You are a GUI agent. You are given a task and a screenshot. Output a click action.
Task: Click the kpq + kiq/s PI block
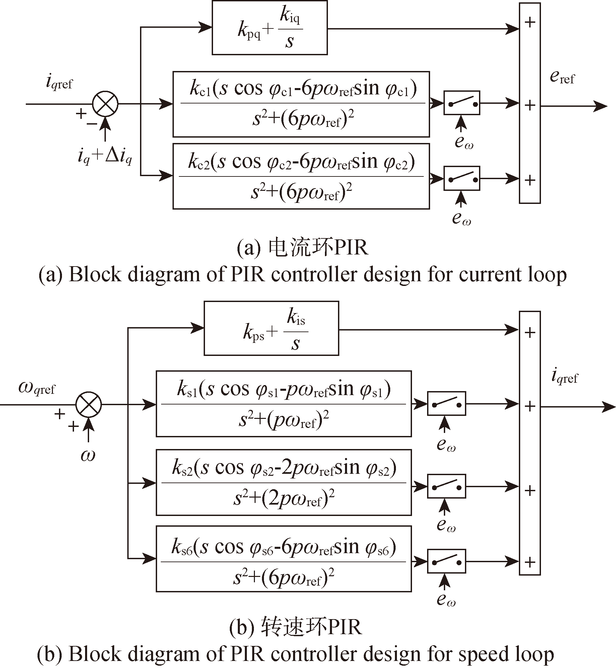[x=270, y=28]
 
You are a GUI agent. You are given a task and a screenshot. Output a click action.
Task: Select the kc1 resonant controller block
[x=301, y=104]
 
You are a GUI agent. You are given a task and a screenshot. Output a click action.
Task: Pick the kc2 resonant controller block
[x=301, y=176]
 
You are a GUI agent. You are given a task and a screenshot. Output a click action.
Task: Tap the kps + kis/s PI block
[x=271, y=328]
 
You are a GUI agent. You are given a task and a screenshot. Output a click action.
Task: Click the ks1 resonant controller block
[x=284, y=404]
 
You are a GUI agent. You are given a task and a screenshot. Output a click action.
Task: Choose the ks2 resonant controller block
[x=284, y=483]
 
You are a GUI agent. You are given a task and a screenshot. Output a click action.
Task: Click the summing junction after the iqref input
[x=106, y=104]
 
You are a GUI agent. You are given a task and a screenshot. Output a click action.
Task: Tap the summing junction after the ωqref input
[x=89, y=404]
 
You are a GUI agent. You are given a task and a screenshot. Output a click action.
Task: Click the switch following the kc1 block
[x=462, y=103]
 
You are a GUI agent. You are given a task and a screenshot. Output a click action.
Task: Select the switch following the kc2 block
[x=462, y=178]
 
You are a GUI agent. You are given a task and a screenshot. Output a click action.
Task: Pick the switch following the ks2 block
[x=447, y=486]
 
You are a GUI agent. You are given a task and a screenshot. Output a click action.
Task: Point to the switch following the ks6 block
[x=447, y=562]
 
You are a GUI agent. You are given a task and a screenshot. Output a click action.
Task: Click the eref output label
[x=562, y=78]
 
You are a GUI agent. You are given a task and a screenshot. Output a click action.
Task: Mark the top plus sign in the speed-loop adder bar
[x=530, y=333]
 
